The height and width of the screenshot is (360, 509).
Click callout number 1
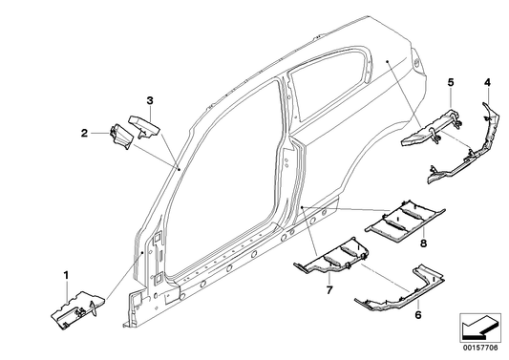click(66, 276)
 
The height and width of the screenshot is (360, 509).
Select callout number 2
click(84, 133)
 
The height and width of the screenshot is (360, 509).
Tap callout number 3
click(150, 101)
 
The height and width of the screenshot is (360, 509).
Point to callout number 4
click(487, 83)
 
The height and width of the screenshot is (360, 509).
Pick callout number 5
click(451, 82)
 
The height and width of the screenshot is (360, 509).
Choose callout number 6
click(418, 314)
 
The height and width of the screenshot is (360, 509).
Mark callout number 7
click(329, 290)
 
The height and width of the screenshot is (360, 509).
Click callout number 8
click(423, 243)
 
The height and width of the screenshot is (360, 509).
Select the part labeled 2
click(120, 137)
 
